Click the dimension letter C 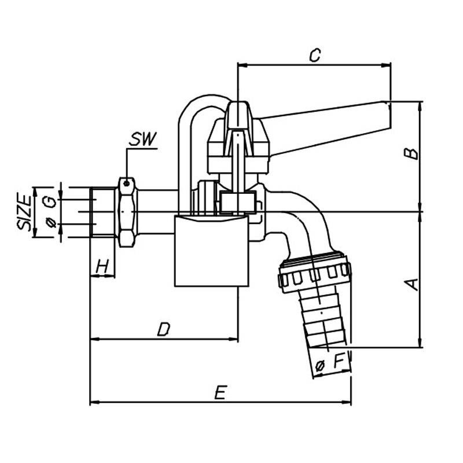[314, 56]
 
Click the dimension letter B [410, 152]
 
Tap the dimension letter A [410, 284]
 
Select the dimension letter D [164, 329]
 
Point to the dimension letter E [219, 392]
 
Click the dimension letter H [102, 266]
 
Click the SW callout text [142, 139]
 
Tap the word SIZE [25, 212]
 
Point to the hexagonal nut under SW [126, 212]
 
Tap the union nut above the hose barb [314, 271]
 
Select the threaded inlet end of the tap [103, 211]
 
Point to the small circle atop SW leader [126, 183]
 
